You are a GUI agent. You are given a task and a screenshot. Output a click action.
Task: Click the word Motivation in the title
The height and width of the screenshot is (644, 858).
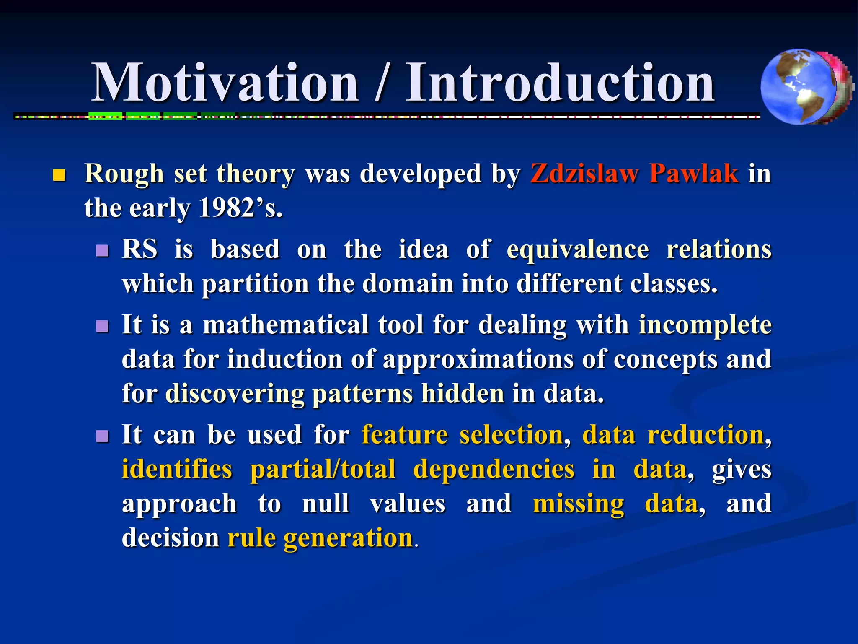(x=225, y=83)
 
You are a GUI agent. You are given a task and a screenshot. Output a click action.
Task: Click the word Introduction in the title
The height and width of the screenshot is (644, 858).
(x=560, y=83)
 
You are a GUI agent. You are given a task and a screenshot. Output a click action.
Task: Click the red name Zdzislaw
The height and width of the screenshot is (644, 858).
(x=585, y=174)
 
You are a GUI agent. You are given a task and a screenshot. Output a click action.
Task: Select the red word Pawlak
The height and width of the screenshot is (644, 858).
(x=694, y=174)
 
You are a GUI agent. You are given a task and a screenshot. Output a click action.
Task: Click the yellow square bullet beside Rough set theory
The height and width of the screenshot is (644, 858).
(x=59, y=175)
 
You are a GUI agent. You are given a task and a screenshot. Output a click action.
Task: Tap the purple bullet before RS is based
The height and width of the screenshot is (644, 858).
(x=102, y=251)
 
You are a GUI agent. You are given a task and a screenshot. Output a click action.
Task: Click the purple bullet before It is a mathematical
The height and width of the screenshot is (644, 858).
(x=102, y=326)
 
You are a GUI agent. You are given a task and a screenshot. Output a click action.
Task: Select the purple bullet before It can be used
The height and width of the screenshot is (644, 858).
(x=102, y=436)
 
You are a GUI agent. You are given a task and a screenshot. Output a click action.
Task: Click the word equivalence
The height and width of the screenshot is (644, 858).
(x=578, y=250)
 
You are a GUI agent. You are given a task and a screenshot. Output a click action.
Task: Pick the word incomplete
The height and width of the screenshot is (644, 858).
(x=705, y=325)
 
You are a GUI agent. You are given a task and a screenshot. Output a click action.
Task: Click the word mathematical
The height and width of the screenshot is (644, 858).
(x=285, y=325)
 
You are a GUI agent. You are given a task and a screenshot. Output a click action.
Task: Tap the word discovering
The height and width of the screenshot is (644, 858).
(x=235, y=394)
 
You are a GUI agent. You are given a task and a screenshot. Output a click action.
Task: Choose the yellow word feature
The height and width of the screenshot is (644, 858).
(x=405, y=435)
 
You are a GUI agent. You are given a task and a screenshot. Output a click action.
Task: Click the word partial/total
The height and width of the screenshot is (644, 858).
(x=323, y=469)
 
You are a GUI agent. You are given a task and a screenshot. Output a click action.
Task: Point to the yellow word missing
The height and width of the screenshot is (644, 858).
(x=578, y=504)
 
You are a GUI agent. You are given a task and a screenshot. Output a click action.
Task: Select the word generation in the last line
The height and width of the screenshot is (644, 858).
(x=349, y=538)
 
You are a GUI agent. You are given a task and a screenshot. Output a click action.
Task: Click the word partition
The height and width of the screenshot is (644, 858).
(x=256, y=284)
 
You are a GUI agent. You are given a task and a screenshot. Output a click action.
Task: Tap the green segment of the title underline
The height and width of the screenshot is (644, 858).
(x=106, y=116)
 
